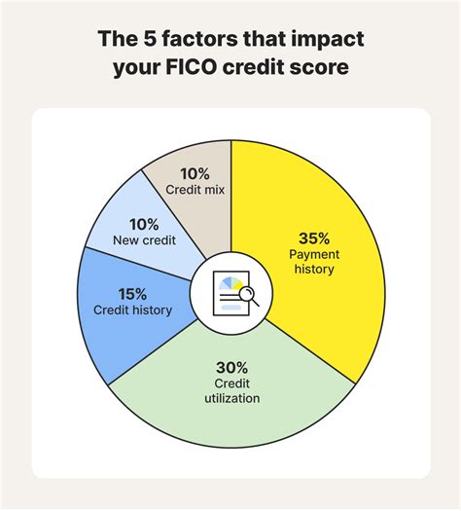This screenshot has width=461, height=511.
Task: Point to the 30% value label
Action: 231,366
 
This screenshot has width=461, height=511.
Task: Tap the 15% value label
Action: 134,292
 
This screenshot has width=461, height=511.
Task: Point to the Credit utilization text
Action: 231,389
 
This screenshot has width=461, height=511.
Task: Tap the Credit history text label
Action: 133,310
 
